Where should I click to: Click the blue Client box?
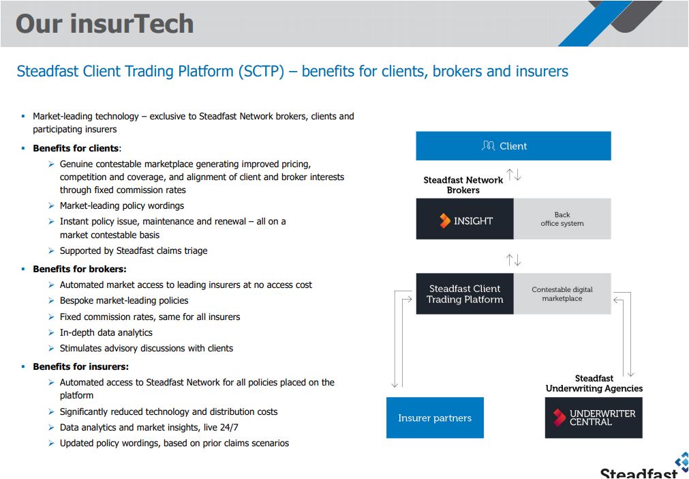point(513,145)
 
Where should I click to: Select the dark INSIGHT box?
point(465,219)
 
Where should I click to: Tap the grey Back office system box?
point(562,219)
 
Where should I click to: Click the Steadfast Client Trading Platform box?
point(465,294)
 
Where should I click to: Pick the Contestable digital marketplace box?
point(562,294)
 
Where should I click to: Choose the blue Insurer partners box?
point(435,418)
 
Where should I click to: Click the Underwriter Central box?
point(594,418)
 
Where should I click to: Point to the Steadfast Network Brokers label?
point(463,185)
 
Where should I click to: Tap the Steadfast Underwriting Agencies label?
point(594,383)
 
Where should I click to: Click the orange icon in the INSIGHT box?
point(445,220)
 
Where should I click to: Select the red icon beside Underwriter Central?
point(559,418)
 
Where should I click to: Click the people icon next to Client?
point(488,145)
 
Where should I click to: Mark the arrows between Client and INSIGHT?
point(513,175)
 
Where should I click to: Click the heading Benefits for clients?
point(76,148)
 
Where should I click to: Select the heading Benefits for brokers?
point(80,269)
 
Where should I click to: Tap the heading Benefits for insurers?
point(81,366)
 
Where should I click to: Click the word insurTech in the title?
point(132,23)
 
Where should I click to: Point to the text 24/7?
point(228,427)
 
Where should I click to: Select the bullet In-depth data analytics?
point(106,332)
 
